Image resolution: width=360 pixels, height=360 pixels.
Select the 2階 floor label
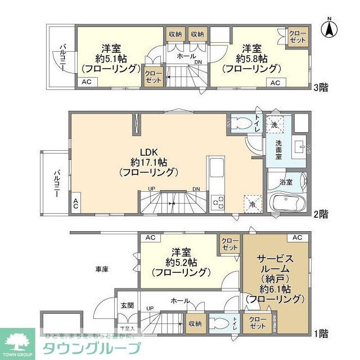[320, 214]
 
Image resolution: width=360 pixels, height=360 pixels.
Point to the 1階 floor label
[320, 333]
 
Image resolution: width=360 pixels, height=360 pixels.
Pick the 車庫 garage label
[102, 269]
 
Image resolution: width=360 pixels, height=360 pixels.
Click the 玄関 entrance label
[127, 305]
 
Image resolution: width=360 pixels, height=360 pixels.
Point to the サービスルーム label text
[275, 264]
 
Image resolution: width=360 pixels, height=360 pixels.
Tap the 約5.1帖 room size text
[110, 58]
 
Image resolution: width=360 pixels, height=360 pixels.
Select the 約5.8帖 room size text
[251, 58]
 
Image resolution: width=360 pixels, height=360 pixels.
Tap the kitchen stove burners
[218, 201]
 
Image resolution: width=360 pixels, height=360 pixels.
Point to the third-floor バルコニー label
[62, 57]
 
